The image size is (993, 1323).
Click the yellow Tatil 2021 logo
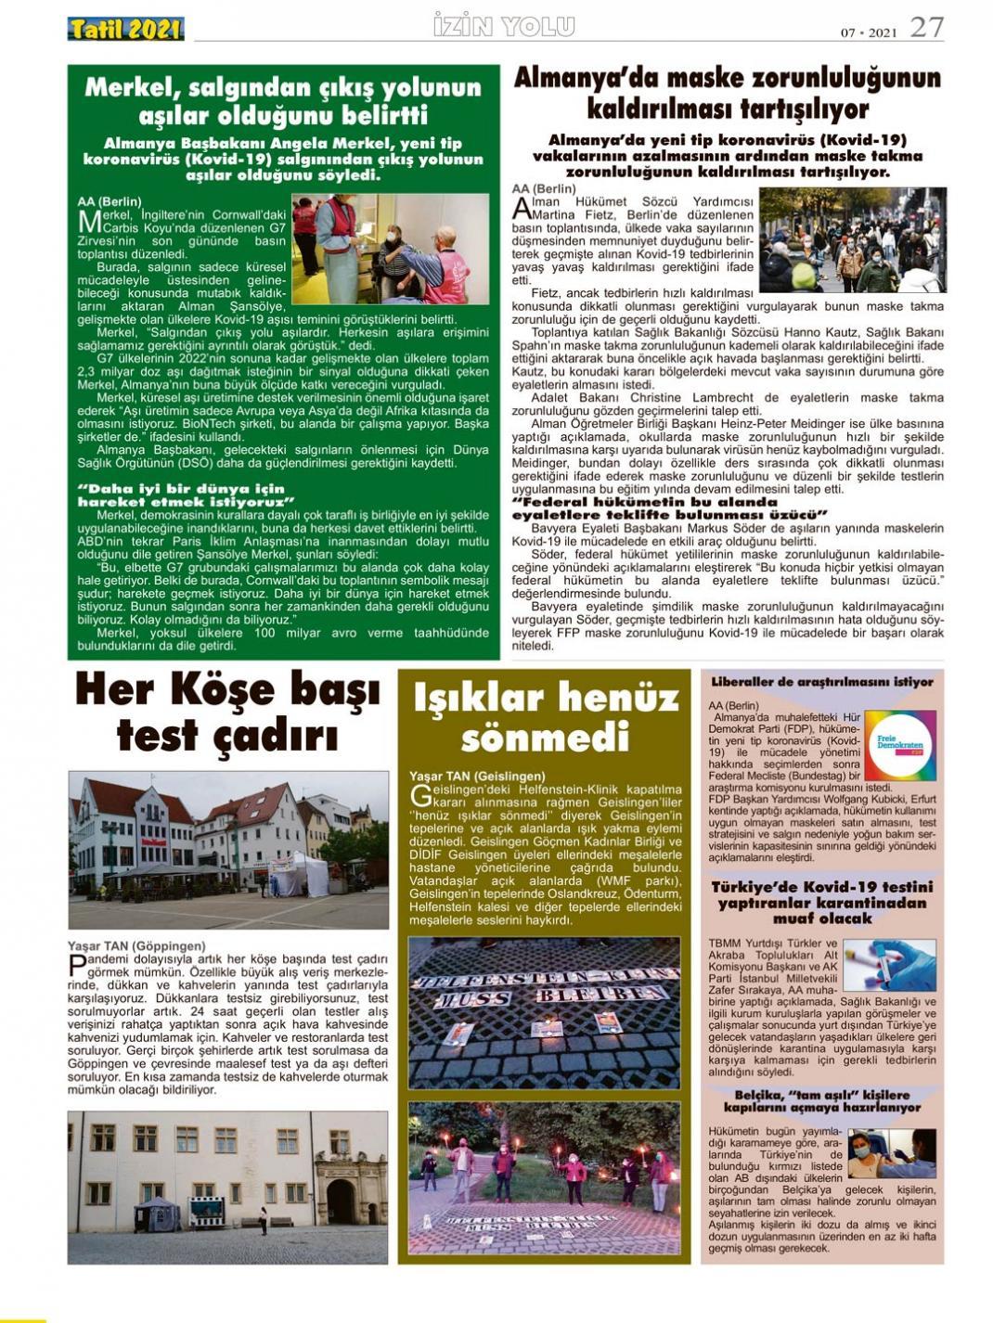(x=125, y=30)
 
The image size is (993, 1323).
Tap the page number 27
(x=926, y=28)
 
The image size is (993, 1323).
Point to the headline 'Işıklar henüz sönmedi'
(x=545, y=717)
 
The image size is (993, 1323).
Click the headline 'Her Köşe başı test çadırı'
(x=227, y=713)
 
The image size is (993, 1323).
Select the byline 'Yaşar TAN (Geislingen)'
(x=477, y=776)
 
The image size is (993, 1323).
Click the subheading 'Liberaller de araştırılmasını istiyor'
(x=821, y=682)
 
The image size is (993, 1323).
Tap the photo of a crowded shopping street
(x=852, y=240)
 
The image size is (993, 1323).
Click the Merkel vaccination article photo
(x=390, y=249)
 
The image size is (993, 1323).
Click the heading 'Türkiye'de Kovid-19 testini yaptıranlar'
(x=821, y=902)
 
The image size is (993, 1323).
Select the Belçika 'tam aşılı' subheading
(x=821, y=1100)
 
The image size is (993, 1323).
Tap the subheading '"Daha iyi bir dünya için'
(x=181, y=488)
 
